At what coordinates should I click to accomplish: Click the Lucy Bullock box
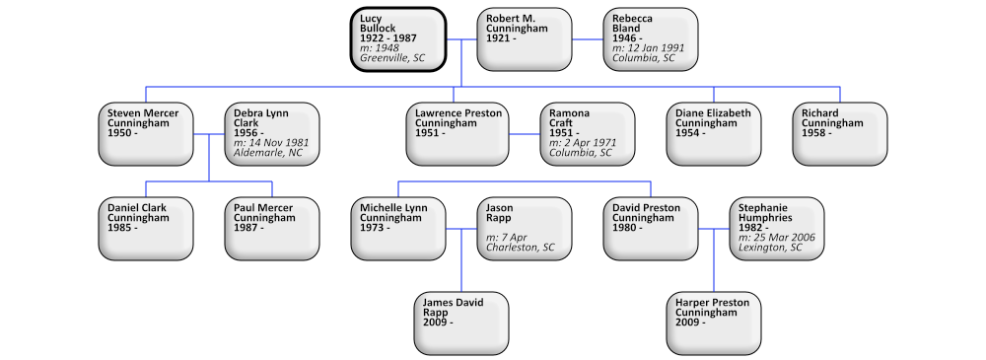point(397,39)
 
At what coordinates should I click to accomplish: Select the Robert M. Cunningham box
point(524,39)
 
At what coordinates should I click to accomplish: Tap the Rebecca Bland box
point(650,39)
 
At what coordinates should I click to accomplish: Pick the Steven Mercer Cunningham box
point(145,134)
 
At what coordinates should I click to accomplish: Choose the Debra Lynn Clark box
point(271,134)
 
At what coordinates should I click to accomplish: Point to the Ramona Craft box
point(587,134)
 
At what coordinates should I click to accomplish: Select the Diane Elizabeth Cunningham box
point(713,134)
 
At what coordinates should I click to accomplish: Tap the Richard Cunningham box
point(839,134)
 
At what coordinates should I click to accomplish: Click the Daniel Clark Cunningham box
point(145,229)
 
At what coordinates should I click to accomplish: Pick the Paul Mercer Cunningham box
point(271,229)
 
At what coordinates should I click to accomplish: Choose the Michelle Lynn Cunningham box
point(397,229)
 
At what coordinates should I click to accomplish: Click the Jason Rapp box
point(524,229)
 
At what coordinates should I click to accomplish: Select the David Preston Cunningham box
point(650,229)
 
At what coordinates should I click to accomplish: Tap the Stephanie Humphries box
point(776,229)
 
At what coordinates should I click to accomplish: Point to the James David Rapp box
point(460,324)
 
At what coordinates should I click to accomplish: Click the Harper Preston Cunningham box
point(713,324)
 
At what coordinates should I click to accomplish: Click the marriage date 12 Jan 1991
point(655,47)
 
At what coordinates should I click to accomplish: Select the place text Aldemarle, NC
point(267,153)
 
